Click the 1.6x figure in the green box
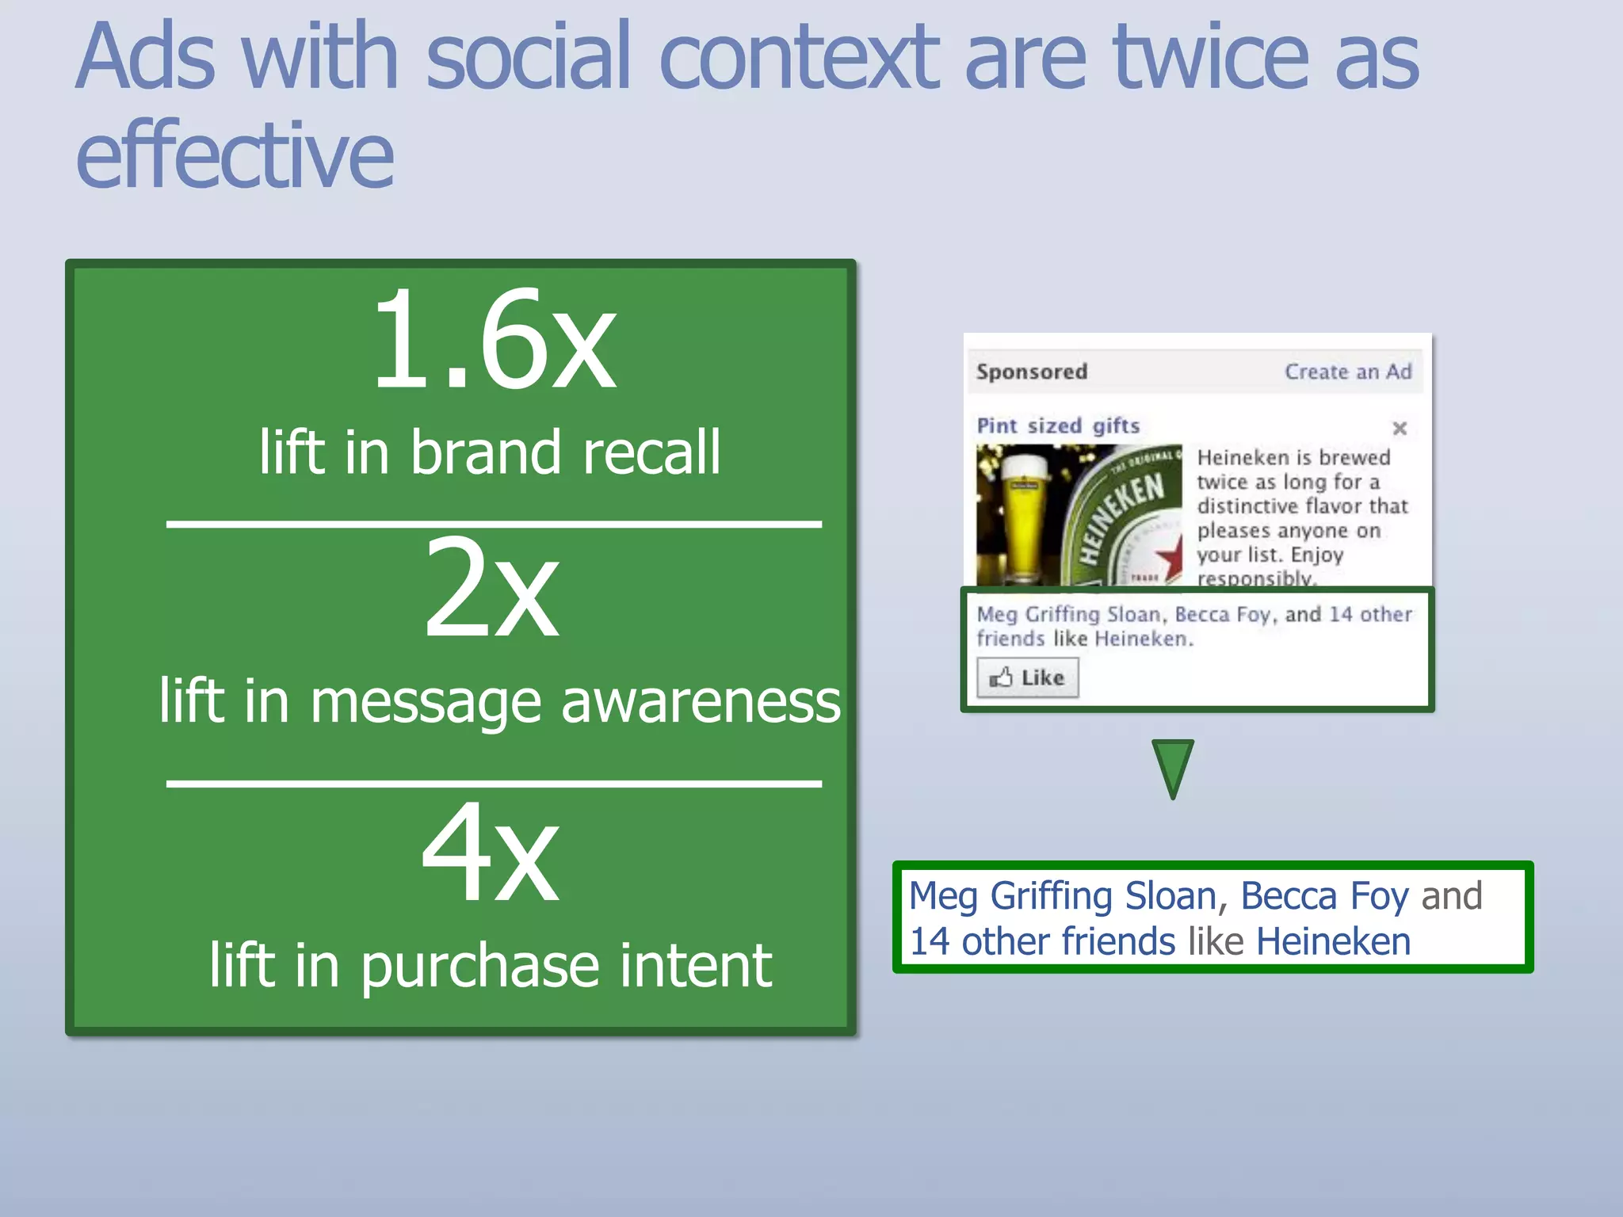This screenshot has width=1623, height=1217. click(x=493, y=341)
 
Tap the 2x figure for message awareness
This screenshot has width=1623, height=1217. click(x=491, y=590)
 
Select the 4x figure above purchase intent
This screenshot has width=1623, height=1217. click(x=491, y=854)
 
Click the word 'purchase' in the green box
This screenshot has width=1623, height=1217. click(x=479, y=967)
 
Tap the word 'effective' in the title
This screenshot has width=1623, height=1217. click(x=235, y=155)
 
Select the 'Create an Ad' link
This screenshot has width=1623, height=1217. click(x=1347, y=372)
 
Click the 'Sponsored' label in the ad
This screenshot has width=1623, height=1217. click(x=1031, y=372)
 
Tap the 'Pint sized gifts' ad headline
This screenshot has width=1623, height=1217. click(x=1058, y=426)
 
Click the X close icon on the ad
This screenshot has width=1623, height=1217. click(x=1400, y=429)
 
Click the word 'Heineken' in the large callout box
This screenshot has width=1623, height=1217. click(x=1333, y=942)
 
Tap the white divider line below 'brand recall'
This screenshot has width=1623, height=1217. click(x=493, y=524)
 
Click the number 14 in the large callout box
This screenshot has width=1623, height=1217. click(x=929, y=942)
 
